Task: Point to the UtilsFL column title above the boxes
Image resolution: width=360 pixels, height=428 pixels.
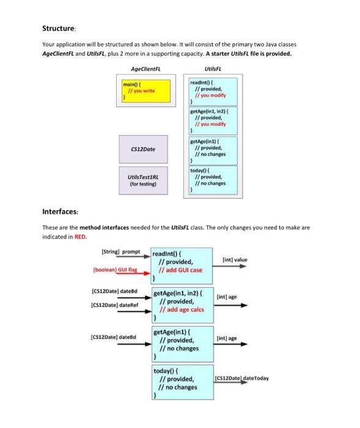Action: [x=211, y=68]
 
